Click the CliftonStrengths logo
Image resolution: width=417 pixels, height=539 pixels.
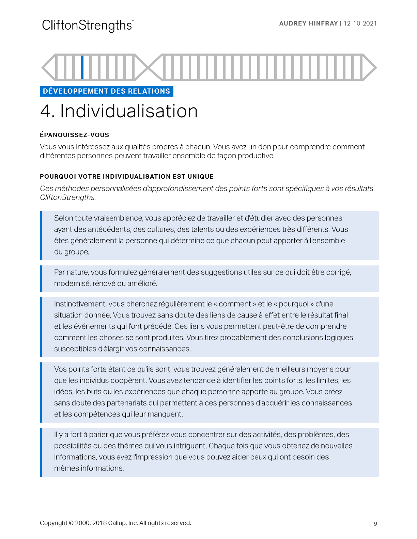click(x=88, y=26)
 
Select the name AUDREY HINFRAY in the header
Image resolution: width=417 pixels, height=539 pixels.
click(x=308, y=23)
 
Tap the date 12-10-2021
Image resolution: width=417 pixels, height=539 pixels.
click(x=360, y=23)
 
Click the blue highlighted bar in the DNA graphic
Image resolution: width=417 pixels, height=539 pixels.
click(x=82, y=67)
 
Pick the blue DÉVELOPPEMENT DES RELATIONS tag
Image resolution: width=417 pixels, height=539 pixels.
click(x=106, y=91)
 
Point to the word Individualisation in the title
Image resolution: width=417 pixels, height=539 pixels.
click(x=129, y=111)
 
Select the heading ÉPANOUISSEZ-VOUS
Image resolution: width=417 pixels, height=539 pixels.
click(x=74, y=135)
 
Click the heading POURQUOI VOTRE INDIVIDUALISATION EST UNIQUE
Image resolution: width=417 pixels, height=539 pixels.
click(x=127, y=177)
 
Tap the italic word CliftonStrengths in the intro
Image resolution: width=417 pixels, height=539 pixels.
click(x=67, y=197)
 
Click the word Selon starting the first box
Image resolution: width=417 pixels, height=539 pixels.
click(x=63, y=218)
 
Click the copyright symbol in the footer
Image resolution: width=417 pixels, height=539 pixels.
click(x=71, y=523)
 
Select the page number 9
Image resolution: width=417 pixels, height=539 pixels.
click(x=375, y=524)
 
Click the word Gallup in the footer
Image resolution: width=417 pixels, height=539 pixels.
click(x=117, y=523)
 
